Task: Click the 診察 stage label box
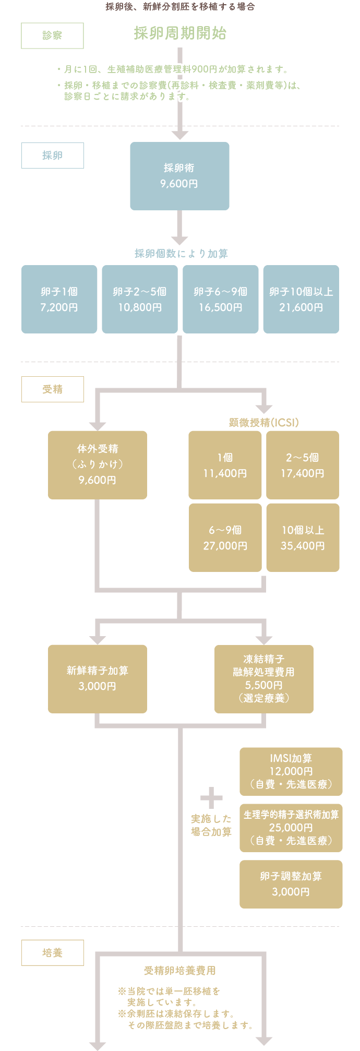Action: point(52,35)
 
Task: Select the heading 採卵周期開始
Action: point(180,33)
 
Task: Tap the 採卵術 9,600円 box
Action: point(179,176)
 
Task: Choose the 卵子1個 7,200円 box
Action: point(59,299)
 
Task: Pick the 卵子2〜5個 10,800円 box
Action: point(140,299)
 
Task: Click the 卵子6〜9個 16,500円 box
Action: point(220,299)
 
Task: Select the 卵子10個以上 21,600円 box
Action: point(301,299)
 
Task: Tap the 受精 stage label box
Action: point(52,389)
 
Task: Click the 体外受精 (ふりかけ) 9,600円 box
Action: point(98,464)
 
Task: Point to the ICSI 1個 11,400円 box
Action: point(225,465)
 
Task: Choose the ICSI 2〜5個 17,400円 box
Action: point(303,465)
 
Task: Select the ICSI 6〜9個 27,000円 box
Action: point(225,538)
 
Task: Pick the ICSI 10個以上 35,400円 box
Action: point(303,538)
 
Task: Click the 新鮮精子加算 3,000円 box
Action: point(98,678)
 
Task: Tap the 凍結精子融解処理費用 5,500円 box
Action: point(264,678)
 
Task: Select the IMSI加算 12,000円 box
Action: point(291,771)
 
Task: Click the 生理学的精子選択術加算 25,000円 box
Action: point(291,828)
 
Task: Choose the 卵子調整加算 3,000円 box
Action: point(291,884)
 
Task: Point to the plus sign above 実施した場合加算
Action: point(211,798)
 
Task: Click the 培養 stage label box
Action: point(52,953)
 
